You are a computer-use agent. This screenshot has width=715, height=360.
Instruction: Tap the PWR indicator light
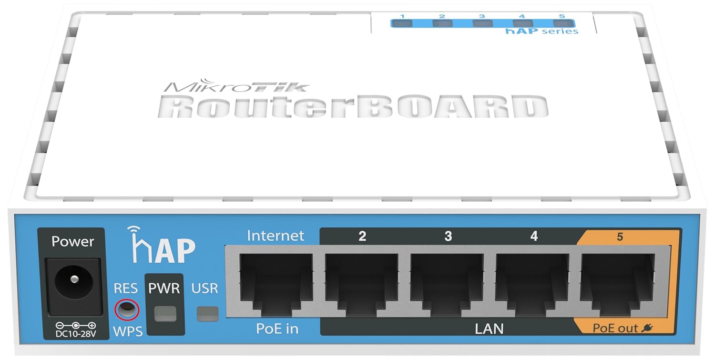tap(165, 313)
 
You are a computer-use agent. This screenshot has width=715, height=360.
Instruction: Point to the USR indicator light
tap(207, 313)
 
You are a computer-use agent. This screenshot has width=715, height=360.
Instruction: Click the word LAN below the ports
tap(489, 328)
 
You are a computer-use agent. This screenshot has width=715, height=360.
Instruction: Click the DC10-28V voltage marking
tap(75, 332)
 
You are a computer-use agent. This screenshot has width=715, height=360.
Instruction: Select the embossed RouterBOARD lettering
tap(353, 108)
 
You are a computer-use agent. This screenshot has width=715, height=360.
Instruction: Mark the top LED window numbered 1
tap(402, 22)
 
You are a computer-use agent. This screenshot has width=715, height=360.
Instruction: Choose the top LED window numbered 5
tap(562, 22)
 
